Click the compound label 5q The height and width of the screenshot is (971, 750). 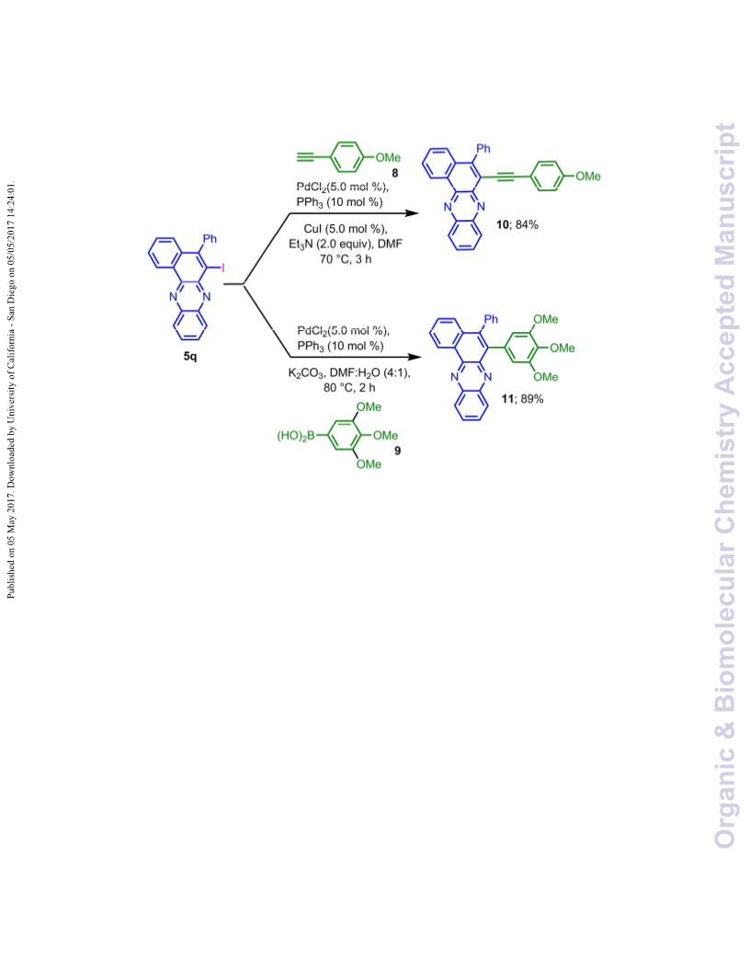pos(190,357)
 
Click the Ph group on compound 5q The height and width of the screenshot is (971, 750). pos(210,238)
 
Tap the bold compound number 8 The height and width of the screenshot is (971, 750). pos(395,174)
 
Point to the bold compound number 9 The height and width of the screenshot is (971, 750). pos(397,451)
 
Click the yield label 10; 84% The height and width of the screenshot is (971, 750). pos(517,224)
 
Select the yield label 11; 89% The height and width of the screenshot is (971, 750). pos(522,399)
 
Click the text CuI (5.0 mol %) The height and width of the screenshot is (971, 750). pos(346,229)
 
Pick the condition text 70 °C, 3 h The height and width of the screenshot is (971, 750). pos(346,259)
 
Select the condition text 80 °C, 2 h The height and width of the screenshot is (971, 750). pos(349,388)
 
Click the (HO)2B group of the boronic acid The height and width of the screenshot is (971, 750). pos(296,436)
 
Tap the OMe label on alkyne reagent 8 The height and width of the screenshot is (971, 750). pos(388,158)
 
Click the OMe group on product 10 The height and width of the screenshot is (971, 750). pos(588,177)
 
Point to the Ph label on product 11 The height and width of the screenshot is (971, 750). pos(491,319)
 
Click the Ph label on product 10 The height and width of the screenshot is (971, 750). pos(483,149)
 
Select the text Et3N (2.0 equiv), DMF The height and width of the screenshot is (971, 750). pos(346,244)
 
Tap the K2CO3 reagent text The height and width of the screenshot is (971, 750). pos(306,373)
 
